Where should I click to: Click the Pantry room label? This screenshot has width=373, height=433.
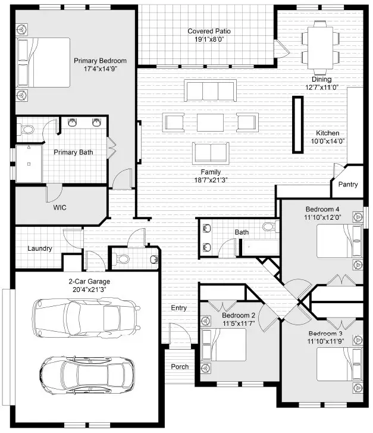click(x=348, y=185)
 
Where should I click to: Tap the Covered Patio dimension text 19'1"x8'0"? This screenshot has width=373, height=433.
click(x=209, y=39)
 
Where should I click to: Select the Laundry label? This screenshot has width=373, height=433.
click(x=40, y=248)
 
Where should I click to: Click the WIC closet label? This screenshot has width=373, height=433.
click(x=59, y=209)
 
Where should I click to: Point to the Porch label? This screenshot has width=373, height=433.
click(x=180, y=366)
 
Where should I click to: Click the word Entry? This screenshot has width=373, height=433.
click(x=179, y=308)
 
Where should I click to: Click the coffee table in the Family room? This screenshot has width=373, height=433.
click(x=209, y=122)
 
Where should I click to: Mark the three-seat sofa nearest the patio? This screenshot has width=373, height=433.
click(x=209, y=91)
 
